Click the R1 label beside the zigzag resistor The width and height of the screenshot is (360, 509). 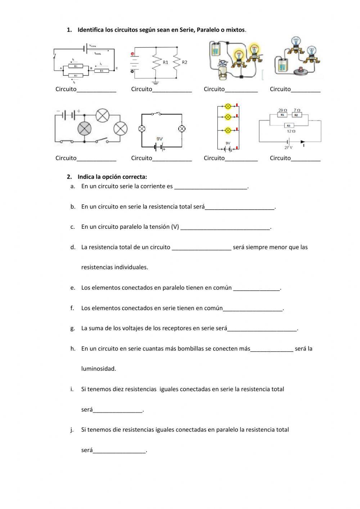(x=165, y=62)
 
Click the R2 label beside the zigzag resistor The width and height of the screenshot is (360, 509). (x=184, y=62)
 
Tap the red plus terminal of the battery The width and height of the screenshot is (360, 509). (x=133, y=54)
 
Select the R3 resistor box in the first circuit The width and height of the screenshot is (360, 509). (x=102, y=71)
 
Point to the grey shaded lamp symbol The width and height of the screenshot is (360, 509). (x=85, y=128)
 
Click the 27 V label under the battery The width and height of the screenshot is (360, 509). (x=288, y=148)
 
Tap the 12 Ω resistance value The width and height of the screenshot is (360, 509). (x=291, y=131)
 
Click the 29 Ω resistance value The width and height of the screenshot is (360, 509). (x=283, y=110)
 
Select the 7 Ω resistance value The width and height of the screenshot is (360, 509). (x=297, y=110)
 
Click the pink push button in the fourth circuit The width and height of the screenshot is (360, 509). (x=299, y=70)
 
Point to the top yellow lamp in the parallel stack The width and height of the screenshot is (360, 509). (x=228, y=106)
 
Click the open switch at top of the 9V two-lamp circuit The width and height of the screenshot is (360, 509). (x=156, y=114)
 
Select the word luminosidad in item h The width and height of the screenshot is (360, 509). (x=99, y=369)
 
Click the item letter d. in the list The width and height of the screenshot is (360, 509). (x=73, y=247)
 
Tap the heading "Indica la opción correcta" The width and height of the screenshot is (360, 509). (x=112, y=177)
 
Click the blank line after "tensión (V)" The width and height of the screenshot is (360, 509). (x=225, y=227)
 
